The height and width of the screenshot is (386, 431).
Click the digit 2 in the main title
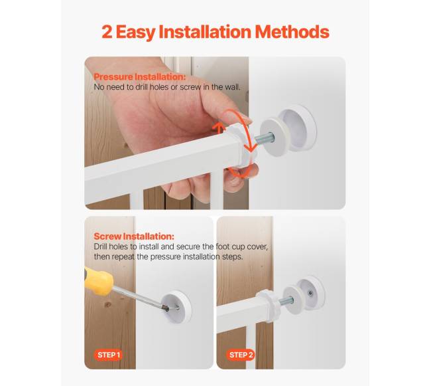point(107,32)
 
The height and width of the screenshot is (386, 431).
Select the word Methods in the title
point(292,32)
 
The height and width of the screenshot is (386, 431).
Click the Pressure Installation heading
point(140,76)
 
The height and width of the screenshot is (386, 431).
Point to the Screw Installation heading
point(134,237)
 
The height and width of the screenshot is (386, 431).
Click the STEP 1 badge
point(109,355)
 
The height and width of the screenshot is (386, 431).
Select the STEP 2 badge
point(241,355)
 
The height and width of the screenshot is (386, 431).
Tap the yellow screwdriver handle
point(98,281)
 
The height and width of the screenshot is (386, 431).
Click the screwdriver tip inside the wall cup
point(166,309)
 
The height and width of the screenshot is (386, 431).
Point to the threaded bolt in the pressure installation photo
point(265,138)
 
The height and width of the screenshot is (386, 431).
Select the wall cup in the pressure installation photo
point(298,128)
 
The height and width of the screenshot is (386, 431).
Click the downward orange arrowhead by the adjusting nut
point(249,149)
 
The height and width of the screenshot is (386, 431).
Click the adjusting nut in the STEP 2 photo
point(269,305)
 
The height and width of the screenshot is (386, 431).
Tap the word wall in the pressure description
point(233,87)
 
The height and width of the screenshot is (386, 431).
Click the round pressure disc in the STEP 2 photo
point(292,300)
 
